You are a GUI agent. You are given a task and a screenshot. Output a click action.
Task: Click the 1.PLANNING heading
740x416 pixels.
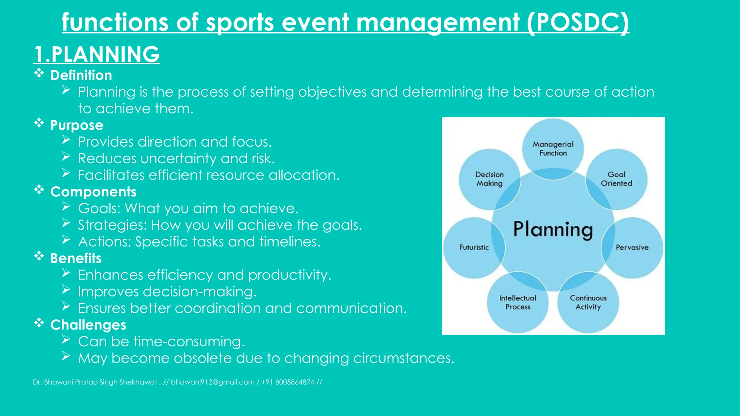tap(96, 54)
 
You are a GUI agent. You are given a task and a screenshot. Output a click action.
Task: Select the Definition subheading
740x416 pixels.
tap(81, 75)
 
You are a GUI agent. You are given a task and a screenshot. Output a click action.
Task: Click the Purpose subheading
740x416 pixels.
tap(77, 125)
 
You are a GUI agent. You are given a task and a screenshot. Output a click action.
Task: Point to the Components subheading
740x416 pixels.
tap(93, 192)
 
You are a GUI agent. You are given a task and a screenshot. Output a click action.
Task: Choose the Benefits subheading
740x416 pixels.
tap(76, 258)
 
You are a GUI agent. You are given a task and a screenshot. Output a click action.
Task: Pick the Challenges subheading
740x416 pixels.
tap(88, 325)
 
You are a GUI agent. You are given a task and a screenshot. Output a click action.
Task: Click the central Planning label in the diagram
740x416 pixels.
tap(553, 230)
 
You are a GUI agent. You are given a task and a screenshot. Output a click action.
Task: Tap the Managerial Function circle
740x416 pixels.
tap(553, 148)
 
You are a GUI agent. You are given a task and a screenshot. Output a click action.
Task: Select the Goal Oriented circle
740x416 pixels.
tap(616, 179)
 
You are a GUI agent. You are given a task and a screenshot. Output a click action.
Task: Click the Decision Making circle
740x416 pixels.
tap(489, 179)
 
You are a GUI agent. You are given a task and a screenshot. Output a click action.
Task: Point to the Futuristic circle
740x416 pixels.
tap(474, 247)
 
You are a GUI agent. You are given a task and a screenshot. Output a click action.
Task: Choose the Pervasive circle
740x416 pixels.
tap(632, 247)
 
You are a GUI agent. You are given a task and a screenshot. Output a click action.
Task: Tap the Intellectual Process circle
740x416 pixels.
tap(517, 302)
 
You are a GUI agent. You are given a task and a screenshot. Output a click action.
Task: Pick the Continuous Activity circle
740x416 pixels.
tap(588, 302)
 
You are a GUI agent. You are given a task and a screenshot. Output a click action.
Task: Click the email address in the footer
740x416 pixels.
tap(212, 382)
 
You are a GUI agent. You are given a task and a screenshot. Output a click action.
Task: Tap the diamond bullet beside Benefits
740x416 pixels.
tap(39, 256)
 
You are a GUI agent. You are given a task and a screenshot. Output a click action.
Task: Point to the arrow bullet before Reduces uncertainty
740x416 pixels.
tap(66, 156)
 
